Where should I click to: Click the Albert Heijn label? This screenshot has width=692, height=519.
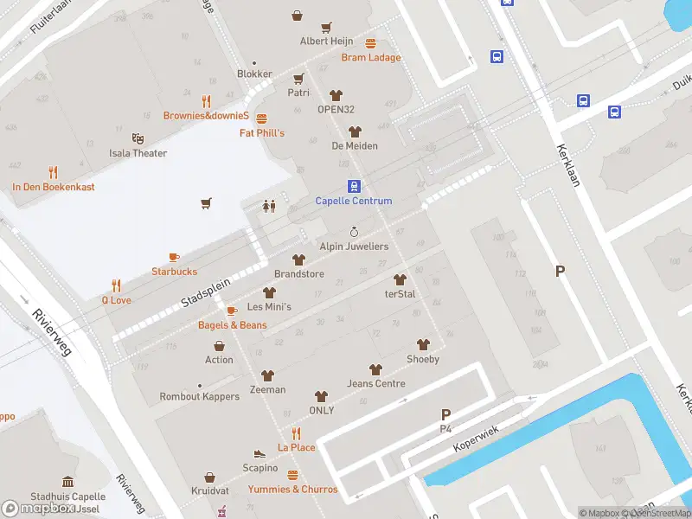[326, 42]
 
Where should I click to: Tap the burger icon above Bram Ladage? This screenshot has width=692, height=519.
[371, 43]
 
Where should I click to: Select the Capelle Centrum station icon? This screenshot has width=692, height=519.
[354, 186]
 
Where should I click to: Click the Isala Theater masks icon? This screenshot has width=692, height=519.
[138, 138]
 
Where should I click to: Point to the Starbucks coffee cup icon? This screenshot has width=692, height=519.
[174, 257]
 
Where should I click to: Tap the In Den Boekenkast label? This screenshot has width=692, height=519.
[53, 187]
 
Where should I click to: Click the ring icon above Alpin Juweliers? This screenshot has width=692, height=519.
[354, 232]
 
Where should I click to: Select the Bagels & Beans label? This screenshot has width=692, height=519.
[232, 325]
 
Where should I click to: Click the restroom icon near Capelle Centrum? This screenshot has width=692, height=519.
[269, 206]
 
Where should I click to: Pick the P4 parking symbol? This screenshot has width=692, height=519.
[446, 415]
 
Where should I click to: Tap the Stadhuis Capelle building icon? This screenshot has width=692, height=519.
[67, 482]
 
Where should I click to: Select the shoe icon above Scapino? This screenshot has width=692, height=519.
[259, 453]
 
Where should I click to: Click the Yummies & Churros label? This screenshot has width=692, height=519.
[292, 490]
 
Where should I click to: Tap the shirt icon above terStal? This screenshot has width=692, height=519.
[400, 279]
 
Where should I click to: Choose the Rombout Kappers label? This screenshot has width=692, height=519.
[199, 397]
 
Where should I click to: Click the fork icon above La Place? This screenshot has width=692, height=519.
[296, 433]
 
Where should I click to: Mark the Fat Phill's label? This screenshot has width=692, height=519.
[262, 133]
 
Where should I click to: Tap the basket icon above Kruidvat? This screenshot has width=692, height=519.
[210, 477]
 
